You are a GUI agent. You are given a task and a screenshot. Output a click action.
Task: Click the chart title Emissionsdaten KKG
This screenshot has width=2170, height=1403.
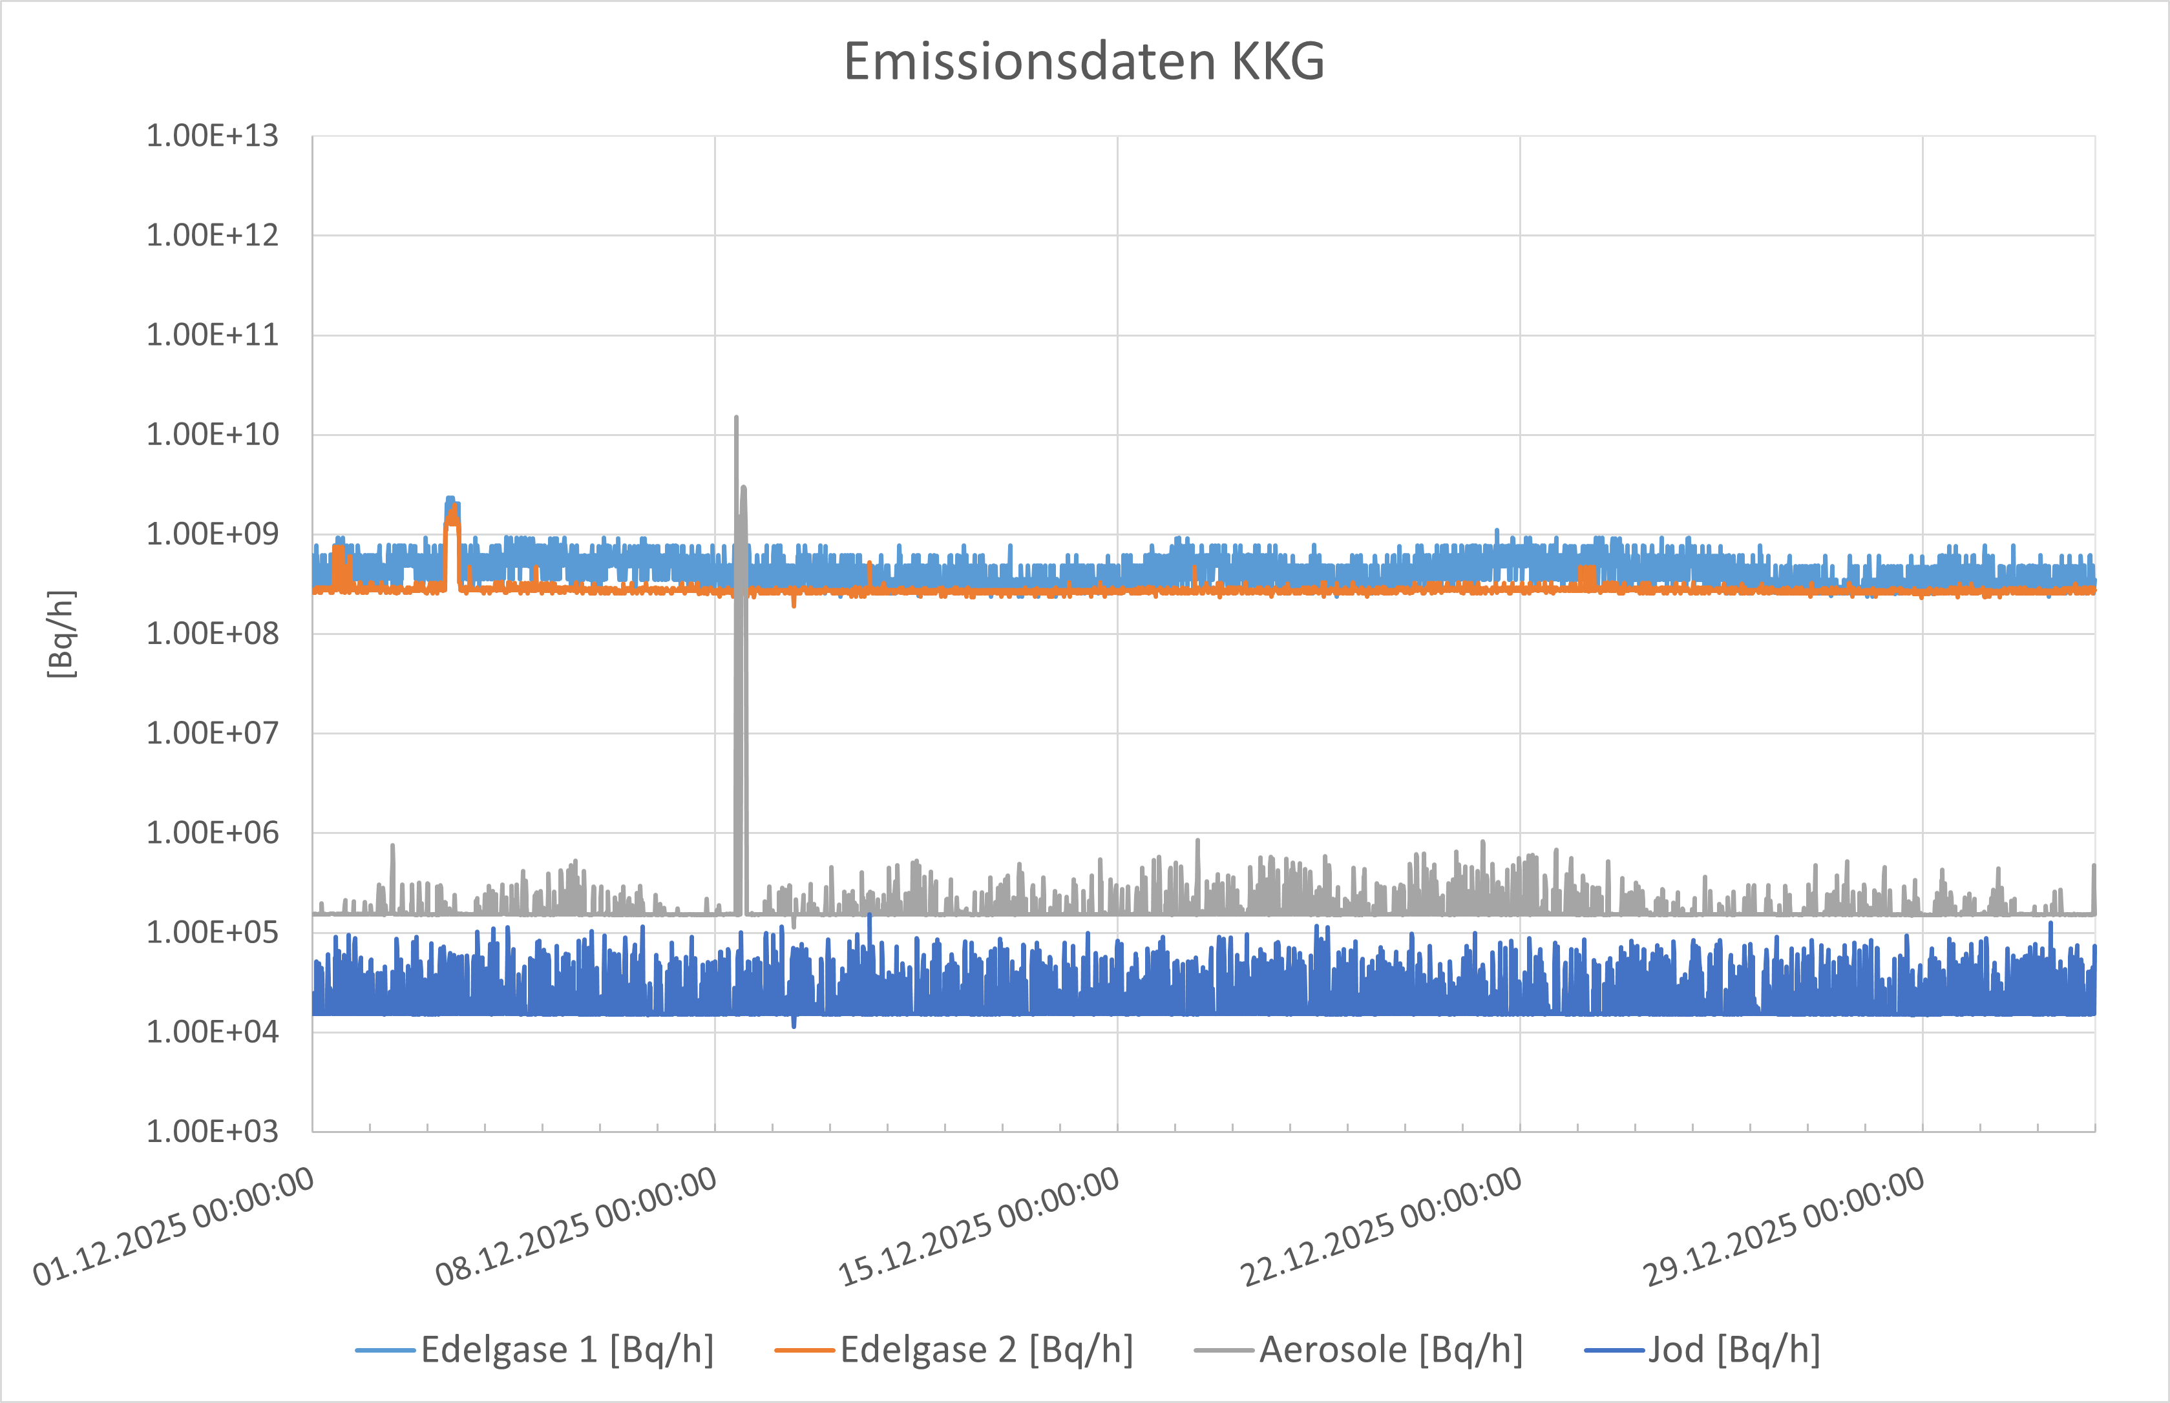[x=1084, y=62]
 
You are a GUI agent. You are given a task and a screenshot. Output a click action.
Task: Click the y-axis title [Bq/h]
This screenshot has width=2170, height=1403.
[x=61, y=634]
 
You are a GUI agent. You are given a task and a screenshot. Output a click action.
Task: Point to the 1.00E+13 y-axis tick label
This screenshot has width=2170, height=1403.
[x=213, y=137]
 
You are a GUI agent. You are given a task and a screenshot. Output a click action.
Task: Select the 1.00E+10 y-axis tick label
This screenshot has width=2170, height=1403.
[x=213, y=435]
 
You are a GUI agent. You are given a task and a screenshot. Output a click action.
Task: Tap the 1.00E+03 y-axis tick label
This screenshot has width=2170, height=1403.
[x=213, y=1132]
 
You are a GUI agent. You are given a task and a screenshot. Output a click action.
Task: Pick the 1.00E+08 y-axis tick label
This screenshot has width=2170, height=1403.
[x=213, y=634]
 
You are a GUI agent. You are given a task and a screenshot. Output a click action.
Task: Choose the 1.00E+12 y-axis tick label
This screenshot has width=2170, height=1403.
[x=213, y=236]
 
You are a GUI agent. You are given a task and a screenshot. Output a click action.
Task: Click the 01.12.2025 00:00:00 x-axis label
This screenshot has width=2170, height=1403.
[x=174, y=1226]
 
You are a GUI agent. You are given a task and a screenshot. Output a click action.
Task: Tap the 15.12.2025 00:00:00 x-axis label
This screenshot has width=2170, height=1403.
[x=980, y=1226]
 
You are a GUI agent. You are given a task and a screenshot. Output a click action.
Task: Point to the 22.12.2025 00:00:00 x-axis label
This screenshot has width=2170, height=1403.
[x=1382, y=1226]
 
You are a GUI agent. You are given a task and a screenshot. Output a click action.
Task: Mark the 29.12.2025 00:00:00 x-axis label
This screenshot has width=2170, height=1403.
[x=1784, y=1226]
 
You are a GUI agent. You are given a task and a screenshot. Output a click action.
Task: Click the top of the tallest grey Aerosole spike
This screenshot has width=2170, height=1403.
[x=737, y=418]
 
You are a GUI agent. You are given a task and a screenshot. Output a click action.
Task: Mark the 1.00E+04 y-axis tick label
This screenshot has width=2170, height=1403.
[x=213, y=1032]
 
